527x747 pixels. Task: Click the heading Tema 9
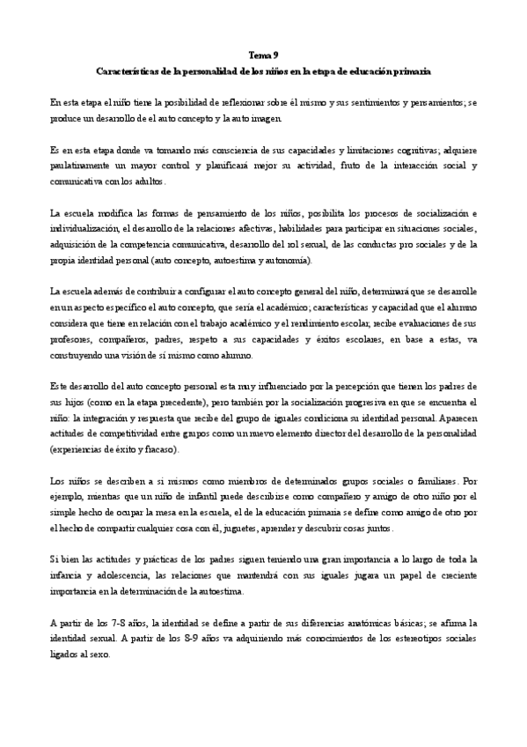click(263, 55)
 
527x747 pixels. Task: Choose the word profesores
click(72, 340)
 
